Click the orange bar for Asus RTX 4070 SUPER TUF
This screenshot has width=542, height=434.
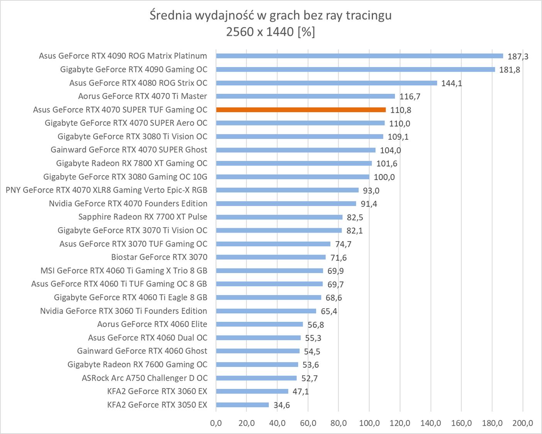[x=301, y=110]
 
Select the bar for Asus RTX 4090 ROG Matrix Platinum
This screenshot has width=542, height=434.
[x=359, y=56]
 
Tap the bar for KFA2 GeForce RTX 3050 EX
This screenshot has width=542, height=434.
[x=242, y=405]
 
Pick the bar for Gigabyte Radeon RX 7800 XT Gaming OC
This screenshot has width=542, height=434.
[x=294, y=164]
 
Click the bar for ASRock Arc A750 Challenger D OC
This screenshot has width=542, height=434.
[x=256, y=378]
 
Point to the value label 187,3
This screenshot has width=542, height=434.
[x=518, y=57]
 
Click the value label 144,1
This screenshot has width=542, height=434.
[x=452, y=83]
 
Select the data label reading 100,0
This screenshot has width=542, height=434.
[x=384, y=177]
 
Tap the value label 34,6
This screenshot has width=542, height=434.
[x=281, y=405]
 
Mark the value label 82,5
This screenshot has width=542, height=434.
[x=355, y=217]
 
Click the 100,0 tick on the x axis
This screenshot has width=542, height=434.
[x=369, y=423]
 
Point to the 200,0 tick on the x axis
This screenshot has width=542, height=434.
[x=522, y=423]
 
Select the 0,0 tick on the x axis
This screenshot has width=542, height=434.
[x=216, y=423]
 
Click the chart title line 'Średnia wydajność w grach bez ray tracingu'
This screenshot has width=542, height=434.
[x=271, y=15]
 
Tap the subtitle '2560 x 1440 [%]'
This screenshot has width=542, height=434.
[x=271, y=32]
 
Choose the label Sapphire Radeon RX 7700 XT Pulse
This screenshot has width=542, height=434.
[x=142, y=217]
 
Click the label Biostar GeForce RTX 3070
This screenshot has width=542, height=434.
[x=159, y=257]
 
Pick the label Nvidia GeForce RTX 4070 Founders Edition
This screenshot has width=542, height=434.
[x=128, y=203]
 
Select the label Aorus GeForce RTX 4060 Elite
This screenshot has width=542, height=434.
[x=152, y=324]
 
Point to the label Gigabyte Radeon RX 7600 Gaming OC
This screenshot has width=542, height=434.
[x=137, y=364]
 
